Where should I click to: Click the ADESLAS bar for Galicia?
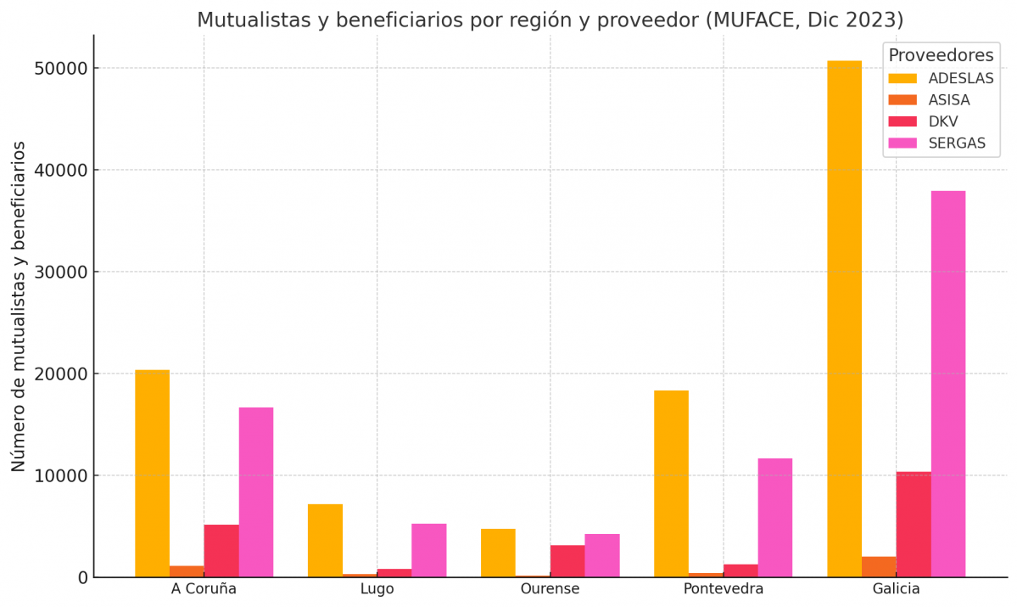click(844, 318)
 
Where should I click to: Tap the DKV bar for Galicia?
click(914, 524)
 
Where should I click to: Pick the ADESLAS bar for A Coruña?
click(152, 473)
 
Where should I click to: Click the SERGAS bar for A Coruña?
click(255, 492)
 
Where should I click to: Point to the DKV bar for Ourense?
click(567, 560)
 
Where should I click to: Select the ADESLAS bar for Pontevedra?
click(671, 483)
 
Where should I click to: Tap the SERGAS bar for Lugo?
click(428, 550)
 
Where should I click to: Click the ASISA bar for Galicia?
click(879, 567)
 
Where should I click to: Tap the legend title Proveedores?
click(940, 55)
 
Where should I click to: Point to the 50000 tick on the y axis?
click(61, 68)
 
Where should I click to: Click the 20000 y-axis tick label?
click(61, 374)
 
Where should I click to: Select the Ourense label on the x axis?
click(550, 589)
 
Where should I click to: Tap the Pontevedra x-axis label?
click(723, 589)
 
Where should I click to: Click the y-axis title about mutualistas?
click(19, 306)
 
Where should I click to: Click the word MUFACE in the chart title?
click(752, 20)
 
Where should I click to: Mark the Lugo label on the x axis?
click(377, 589)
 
